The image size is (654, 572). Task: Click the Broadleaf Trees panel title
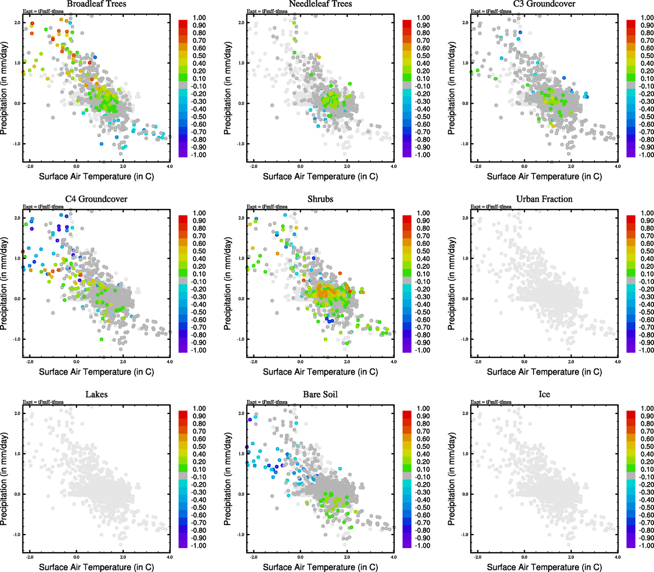point(96,4)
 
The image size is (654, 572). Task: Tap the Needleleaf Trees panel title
point(320,4)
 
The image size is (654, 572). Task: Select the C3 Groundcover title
point(544,4)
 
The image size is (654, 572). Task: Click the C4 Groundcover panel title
point(96,199)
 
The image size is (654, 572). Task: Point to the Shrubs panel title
point(320,199)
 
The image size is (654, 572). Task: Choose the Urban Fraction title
point(544,199)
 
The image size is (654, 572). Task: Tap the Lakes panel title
point(96,394)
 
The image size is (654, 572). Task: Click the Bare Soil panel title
point(320,394)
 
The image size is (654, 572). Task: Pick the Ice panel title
point(544,394)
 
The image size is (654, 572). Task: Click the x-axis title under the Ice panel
point(544,567)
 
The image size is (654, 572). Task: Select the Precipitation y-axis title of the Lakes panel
point(4,479)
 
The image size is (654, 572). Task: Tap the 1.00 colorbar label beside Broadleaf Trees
point(199,18)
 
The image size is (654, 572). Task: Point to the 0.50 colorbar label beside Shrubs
point(423,251)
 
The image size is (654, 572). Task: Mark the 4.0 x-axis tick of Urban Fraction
point(617,362)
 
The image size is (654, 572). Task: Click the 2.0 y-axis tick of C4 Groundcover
point(17,218)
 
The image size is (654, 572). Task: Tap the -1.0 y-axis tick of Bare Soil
point(241,534)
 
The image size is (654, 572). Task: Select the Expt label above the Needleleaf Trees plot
point(267,11)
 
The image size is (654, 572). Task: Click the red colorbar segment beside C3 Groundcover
point(631,23)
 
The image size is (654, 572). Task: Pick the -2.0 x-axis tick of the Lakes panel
point(30,557)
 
